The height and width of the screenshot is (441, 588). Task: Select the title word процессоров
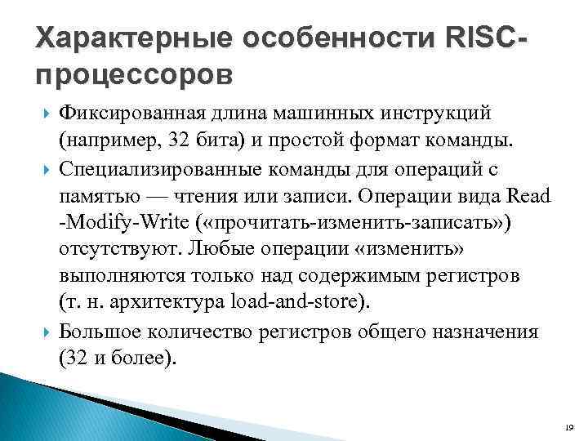[135, 74]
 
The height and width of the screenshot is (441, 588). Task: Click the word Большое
[101, 332]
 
